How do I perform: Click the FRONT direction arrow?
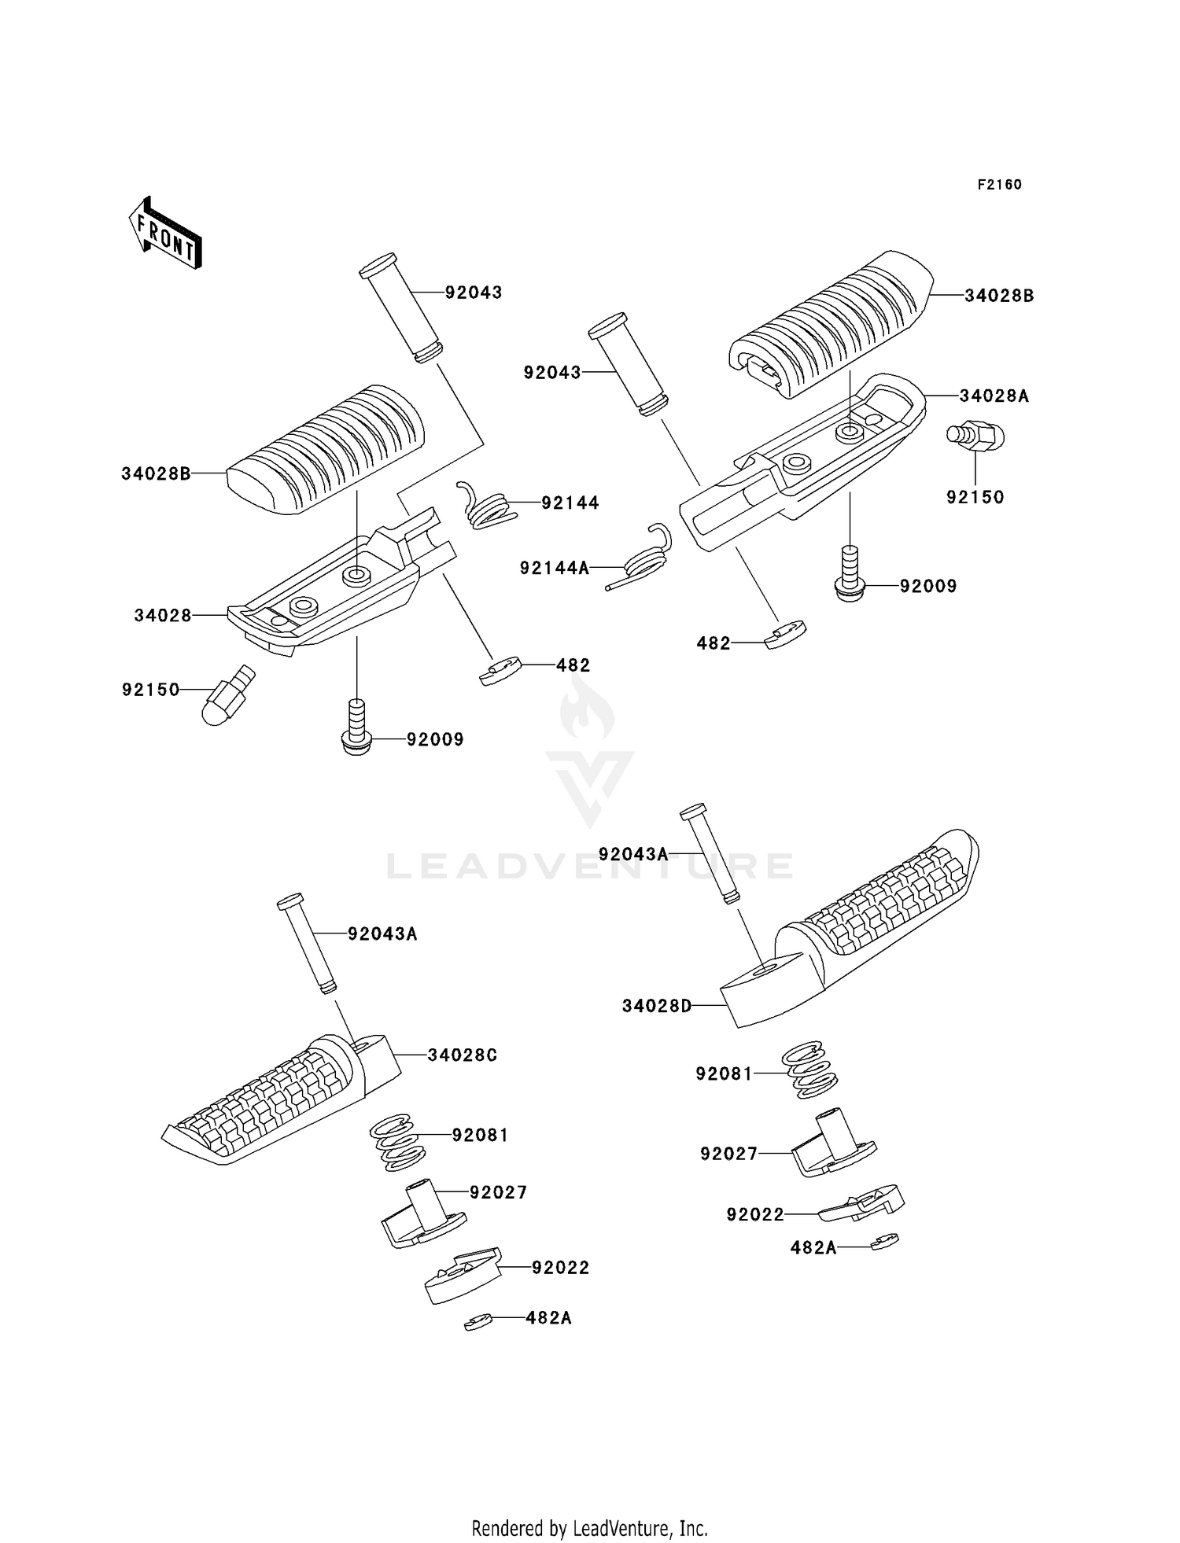point(166,234)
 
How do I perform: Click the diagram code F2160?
point(999,185)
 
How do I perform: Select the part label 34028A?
point(994,396)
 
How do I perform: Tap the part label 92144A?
point(554,568)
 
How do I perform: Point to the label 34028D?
point(656,1006)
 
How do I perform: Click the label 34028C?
point(463,1055)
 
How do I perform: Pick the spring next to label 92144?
point(488,506)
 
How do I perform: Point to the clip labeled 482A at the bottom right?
point(886,1242)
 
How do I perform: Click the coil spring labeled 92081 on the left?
point(397,1140)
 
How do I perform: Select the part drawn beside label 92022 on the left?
point(463,1275)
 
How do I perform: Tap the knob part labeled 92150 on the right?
point(976,435)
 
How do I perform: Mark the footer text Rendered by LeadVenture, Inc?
point(589,1528)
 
